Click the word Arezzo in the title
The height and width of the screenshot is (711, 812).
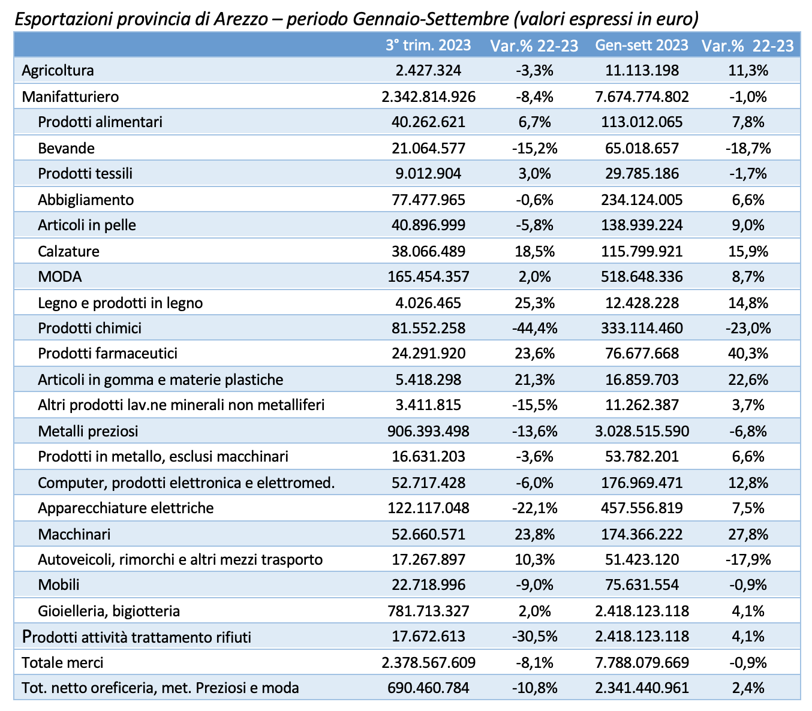(x=241, y=19)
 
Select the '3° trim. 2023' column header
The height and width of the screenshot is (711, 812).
(x=428, y=45)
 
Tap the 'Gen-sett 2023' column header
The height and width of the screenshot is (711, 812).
(x=642, y=45)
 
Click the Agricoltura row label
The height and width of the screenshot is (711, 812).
(x=58, y=71)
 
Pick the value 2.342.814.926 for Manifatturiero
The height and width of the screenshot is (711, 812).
(x=428, y=97)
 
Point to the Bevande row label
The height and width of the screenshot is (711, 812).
(x=67, y=149)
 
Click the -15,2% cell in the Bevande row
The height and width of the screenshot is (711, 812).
(x=534, y=149)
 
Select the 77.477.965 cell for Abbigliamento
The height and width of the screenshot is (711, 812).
(x=428, y=200)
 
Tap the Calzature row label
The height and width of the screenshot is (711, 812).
(x=68, y=251)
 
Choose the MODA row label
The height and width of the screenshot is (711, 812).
(x=60, y=276)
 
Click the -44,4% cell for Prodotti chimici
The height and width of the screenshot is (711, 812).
(x=534, y=328)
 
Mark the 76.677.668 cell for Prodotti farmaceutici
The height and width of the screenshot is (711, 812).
(x=642, y=353)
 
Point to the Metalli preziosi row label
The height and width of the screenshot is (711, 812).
(x=88, y=431)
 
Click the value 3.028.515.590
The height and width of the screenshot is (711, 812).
(x=642, y=431)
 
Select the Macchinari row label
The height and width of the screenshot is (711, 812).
(x=74, y=534)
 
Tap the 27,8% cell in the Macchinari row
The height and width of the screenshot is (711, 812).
(x=748, y=534)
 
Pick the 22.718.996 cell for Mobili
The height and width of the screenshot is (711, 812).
(x=428, y=585)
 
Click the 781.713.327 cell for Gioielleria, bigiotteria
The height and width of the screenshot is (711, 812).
(x=428, y=611)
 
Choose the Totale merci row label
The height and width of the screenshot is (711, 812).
(x=62, y=662)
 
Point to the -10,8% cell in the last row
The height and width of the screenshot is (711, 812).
(x=534, y=688)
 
